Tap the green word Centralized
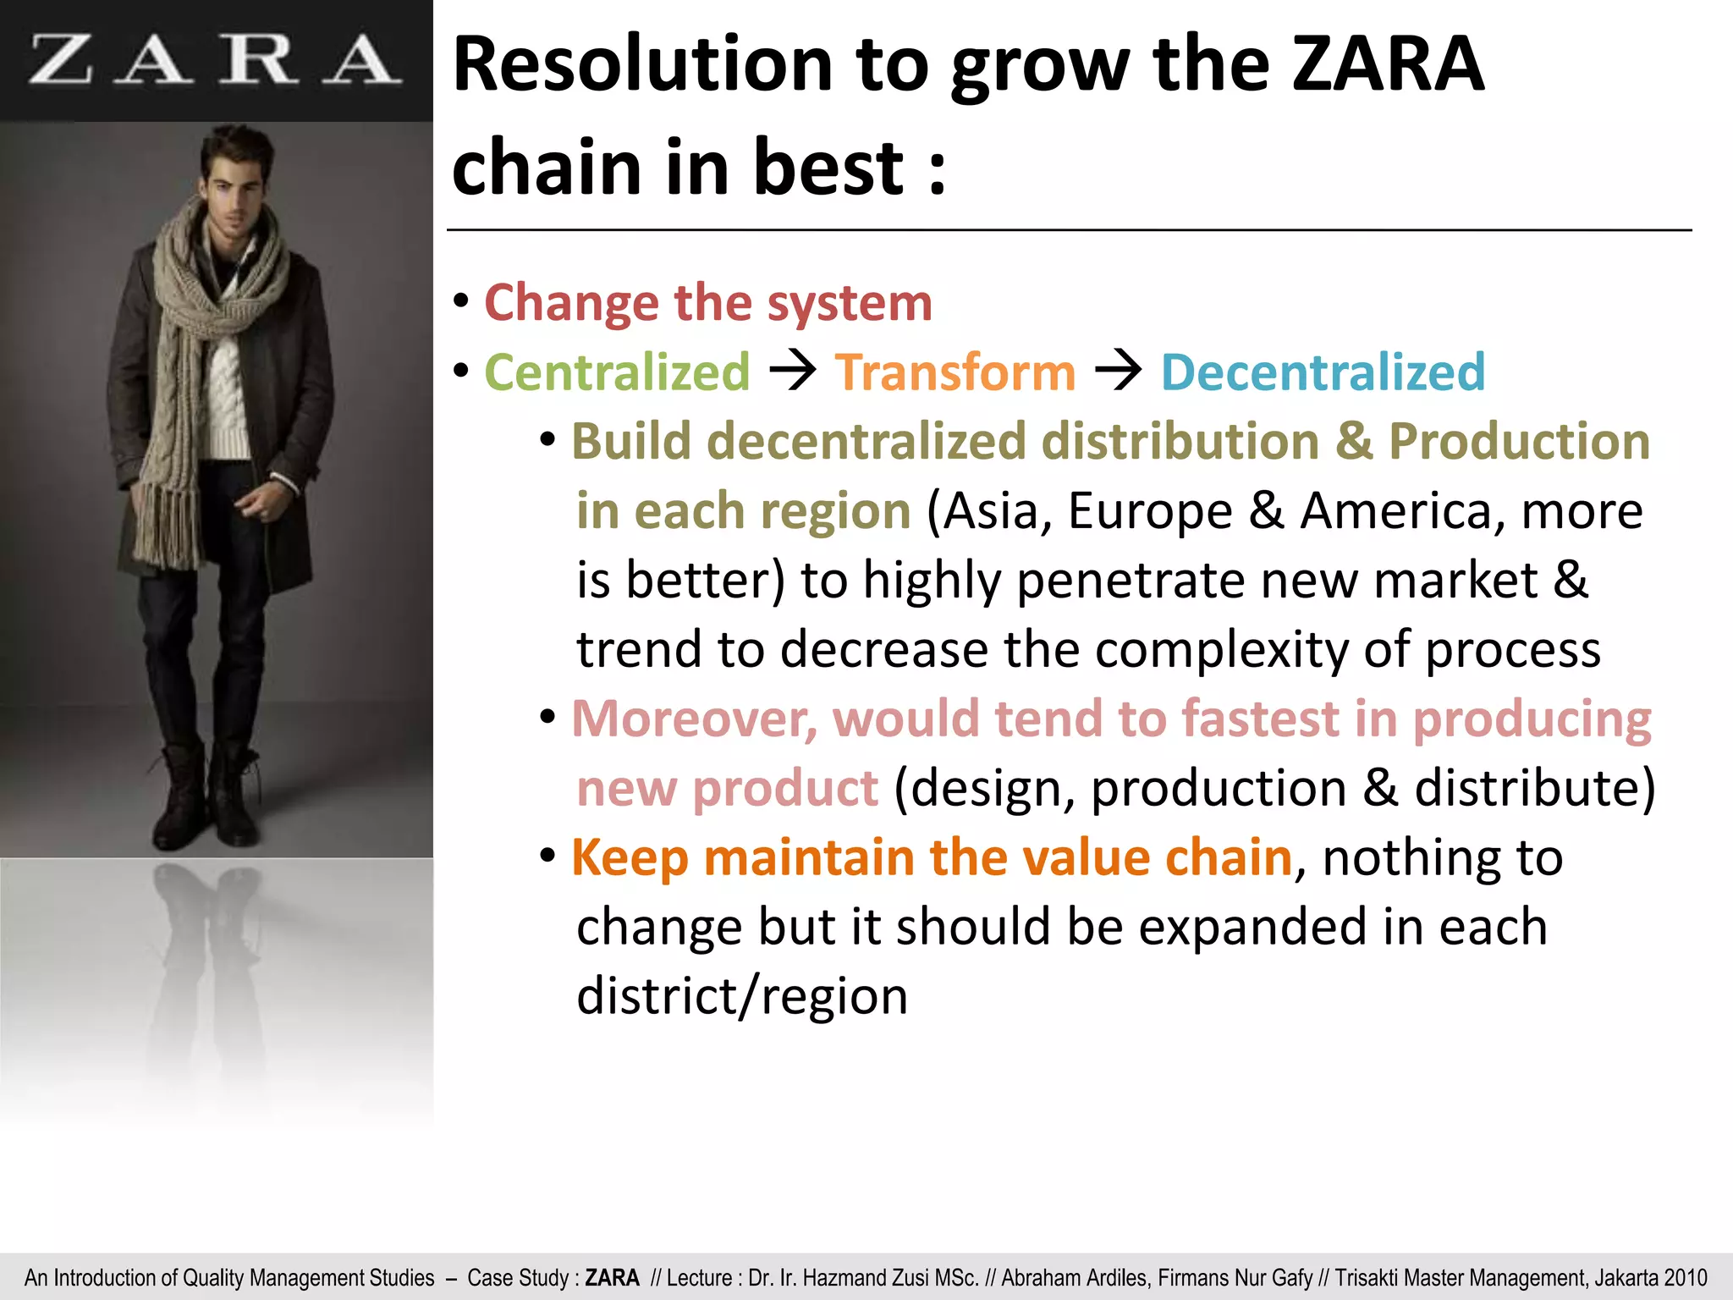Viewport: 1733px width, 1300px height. [x=617, y=372]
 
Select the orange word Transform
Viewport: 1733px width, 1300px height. [x=955, y=372]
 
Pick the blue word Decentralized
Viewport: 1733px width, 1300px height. [x=1323, y=372]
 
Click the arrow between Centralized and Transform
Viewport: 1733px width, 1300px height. [x=792, y=371]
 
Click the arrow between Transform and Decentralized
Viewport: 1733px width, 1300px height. [x=1118, y=371]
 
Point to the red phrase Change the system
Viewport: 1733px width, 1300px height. [x=707, y=303]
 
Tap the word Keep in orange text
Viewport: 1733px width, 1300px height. [x=630, y=857]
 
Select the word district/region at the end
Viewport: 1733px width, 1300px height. [x=741, y=996]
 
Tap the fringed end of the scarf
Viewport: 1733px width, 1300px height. [x=169, y=525]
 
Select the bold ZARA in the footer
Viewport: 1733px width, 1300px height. [x=612, y=1278]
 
